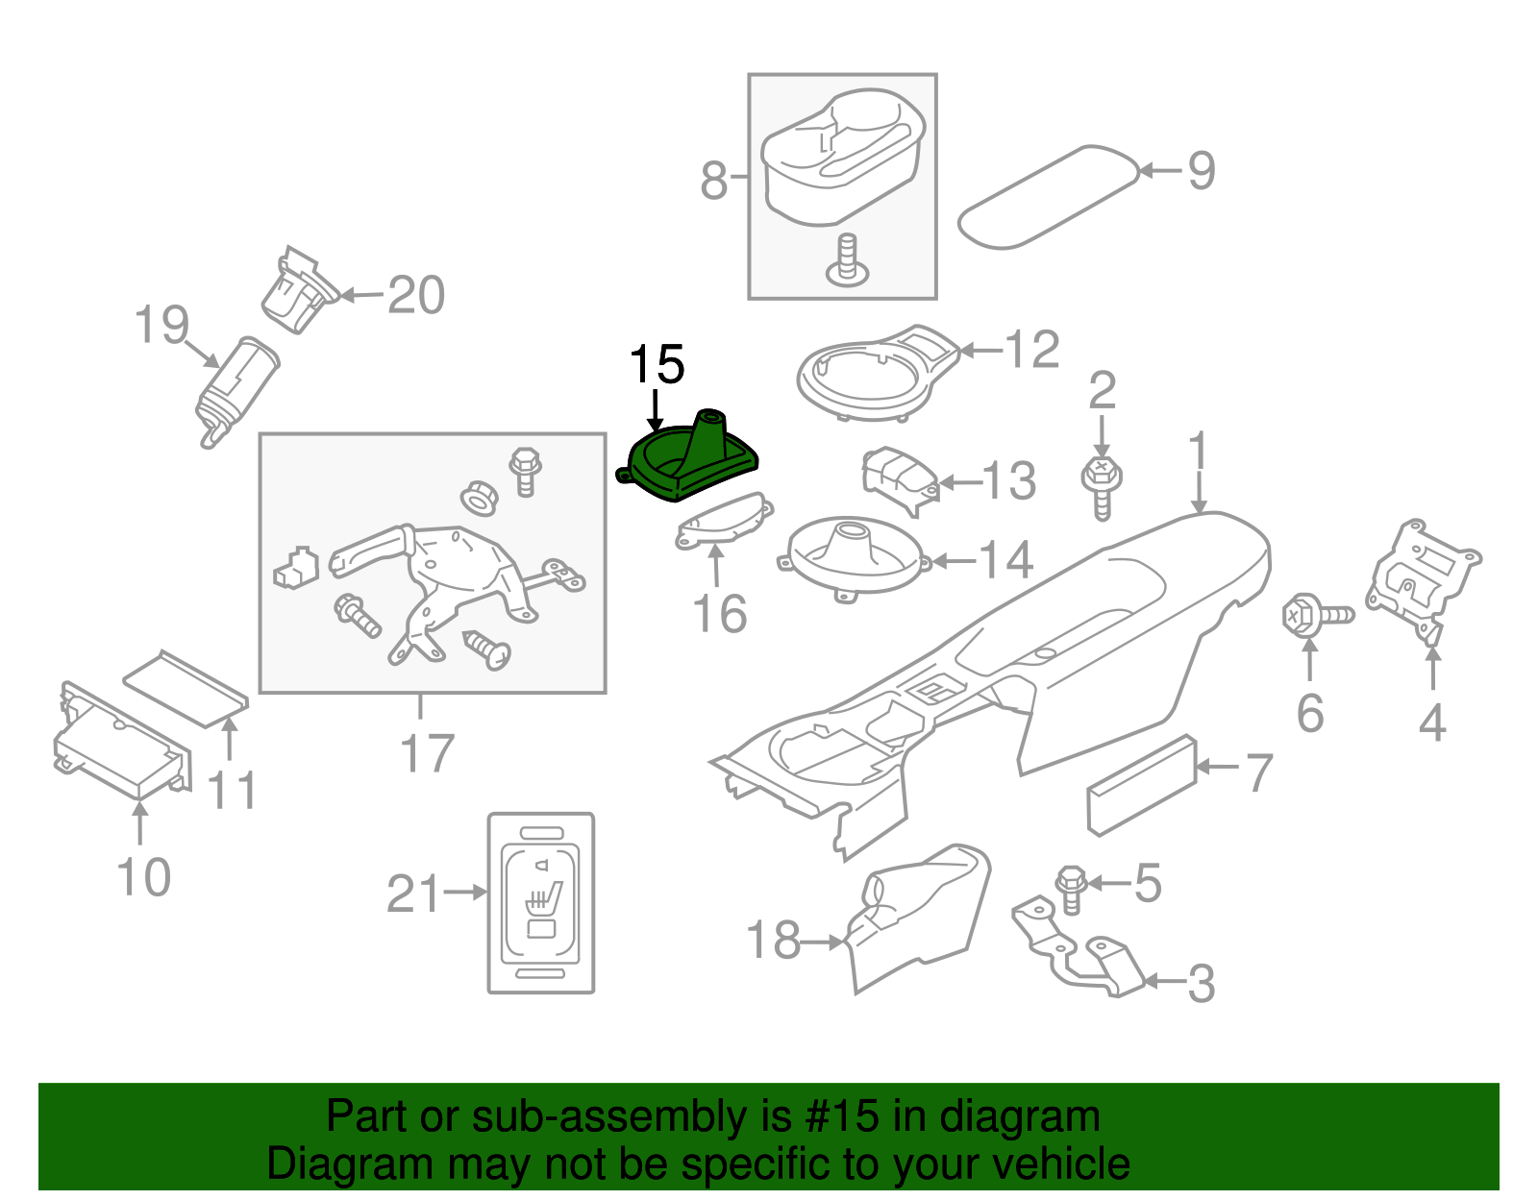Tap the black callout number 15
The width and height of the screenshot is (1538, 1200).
point(657,365)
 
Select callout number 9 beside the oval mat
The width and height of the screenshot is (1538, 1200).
point(1201,171)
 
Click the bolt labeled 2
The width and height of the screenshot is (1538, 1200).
point(1103,486)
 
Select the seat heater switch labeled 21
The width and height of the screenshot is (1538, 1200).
point(541,902)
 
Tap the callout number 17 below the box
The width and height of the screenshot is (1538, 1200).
point(427,754)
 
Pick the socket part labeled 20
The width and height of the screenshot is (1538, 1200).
point(298,292)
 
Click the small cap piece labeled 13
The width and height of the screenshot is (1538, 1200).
point(898,477)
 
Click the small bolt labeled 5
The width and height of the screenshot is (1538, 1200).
point(1071,889)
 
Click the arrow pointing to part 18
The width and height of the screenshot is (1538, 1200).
point(823,943)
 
